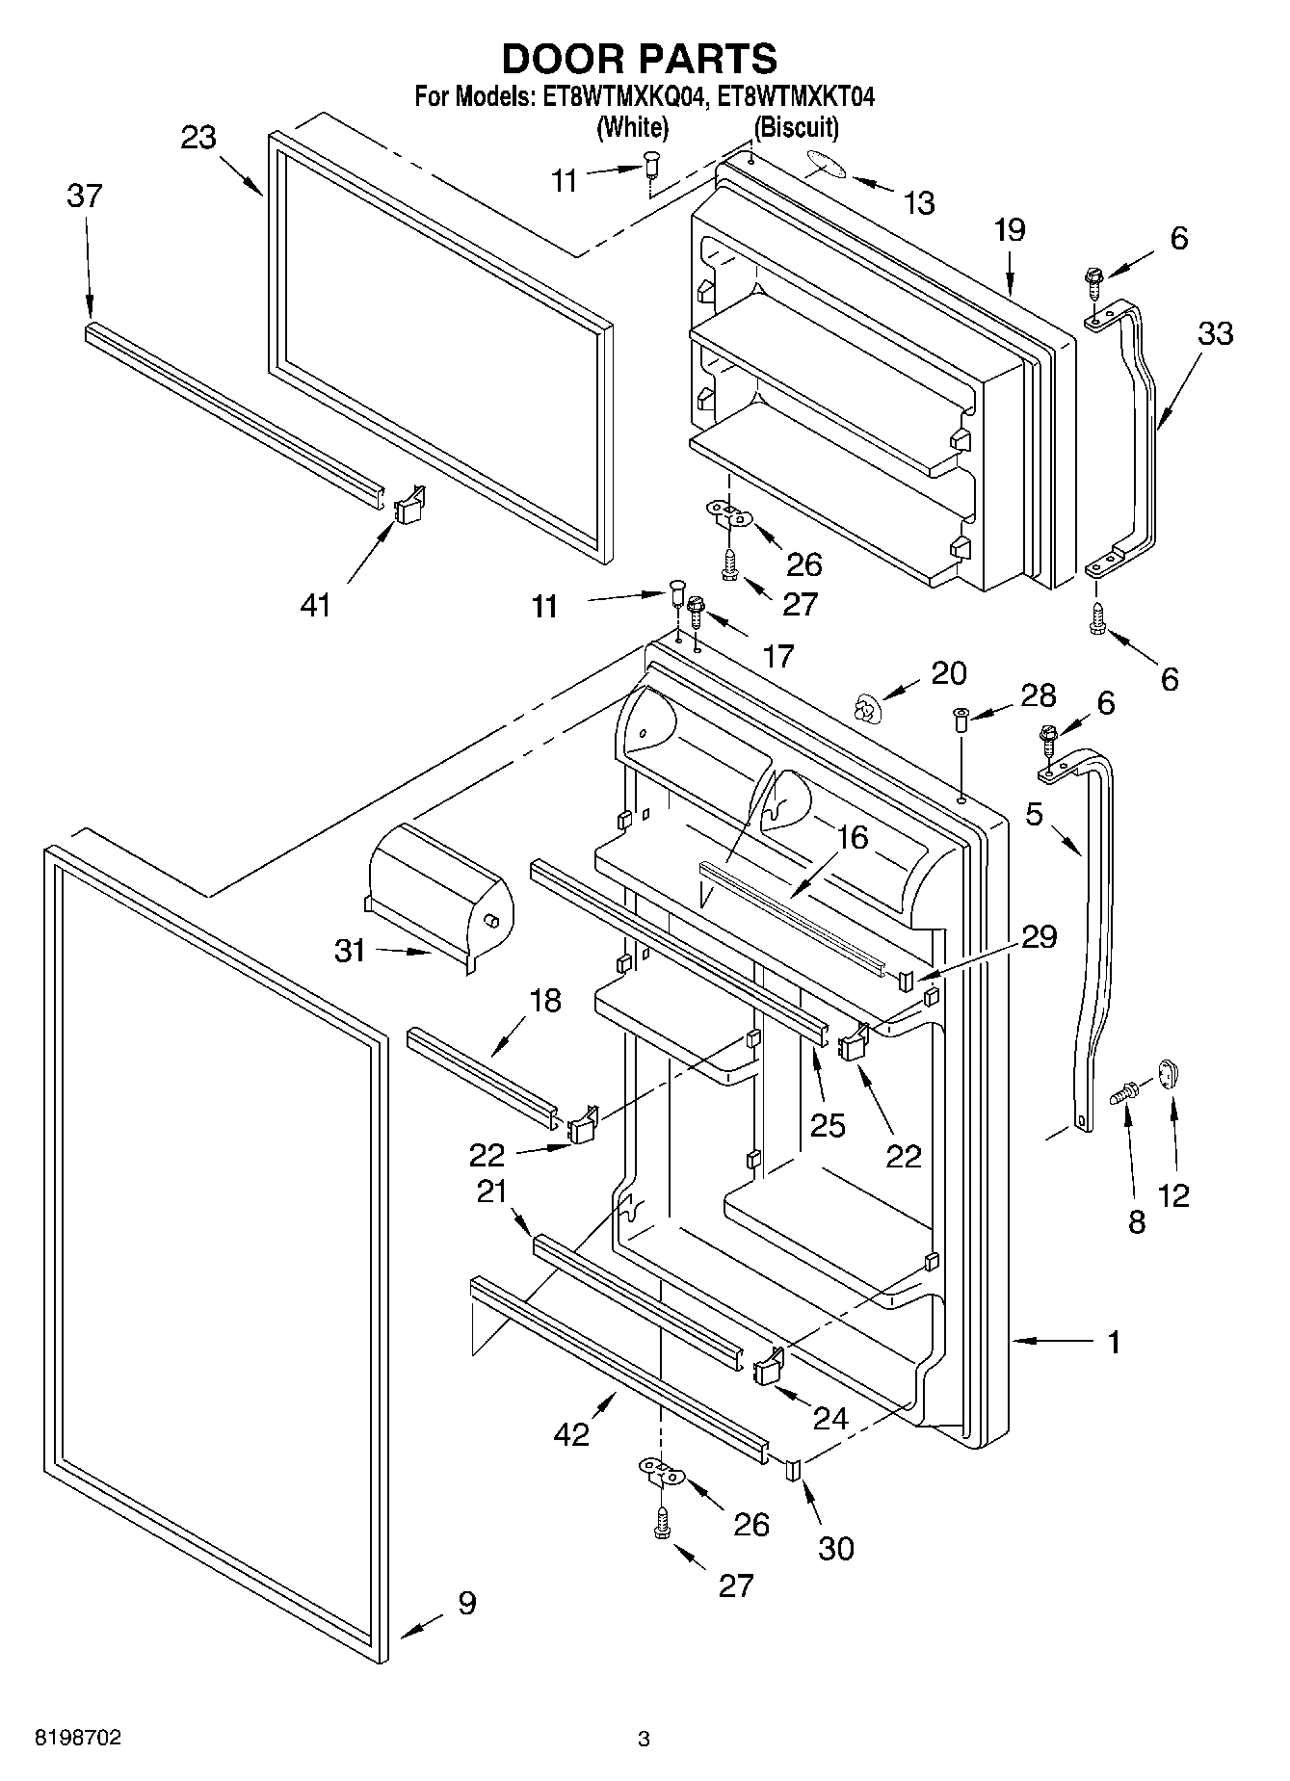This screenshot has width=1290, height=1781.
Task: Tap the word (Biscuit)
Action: point(796,126)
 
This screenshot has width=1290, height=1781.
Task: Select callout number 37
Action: point(85,196)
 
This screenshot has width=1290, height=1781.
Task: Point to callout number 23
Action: point(198,138)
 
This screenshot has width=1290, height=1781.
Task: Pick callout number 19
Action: point(1010,230)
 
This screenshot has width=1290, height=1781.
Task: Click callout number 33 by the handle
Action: point(1215,333)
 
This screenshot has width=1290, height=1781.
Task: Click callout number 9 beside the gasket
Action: point(466,1604)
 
